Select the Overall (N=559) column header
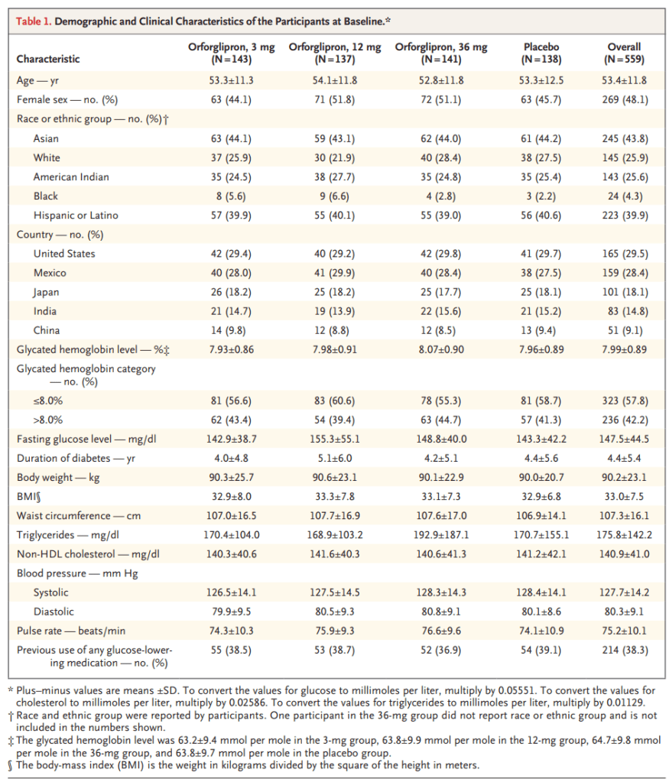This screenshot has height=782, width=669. (625, 53)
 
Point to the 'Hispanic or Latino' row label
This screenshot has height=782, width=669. (76, 216)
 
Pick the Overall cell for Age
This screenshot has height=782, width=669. (625, 79)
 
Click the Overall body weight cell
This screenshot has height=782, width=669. (625, 477)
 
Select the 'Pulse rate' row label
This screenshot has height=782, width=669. (69, 631)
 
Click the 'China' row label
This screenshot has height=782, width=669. (47, 330)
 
